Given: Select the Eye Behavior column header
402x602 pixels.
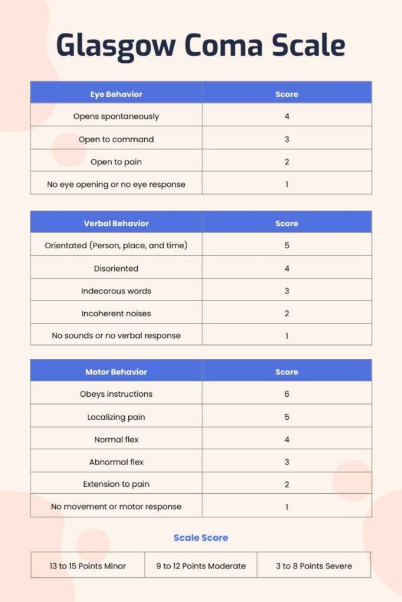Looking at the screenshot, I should tap(116, 94).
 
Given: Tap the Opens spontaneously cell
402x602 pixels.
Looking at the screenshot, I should tap(116, 116).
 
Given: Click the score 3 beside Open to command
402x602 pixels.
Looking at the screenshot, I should tap(287, 139).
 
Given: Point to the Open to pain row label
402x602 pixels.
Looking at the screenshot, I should tap(116, 162).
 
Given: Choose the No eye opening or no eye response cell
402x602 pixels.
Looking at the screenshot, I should tap(116, 184).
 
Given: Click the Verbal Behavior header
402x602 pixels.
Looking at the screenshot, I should tap(116, 223).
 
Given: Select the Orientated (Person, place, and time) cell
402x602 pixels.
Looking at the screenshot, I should tap(116, 245).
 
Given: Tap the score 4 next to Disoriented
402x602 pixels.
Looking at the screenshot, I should tap(287, 268).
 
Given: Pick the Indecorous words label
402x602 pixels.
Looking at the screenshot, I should tap(116, 291).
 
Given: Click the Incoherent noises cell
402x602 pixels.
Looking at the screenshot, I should tap(116, 313).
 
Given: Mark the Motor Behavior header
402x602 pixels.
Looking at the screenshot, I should tap(116, 372).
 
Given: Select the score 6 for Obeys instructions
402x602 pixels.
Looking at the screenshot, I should tap(287, 394).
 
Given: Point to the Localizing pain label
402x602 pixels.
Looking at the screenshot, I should tap(116, 417).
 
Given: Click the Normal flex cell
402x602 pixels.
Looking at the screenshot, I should tap(116, 439).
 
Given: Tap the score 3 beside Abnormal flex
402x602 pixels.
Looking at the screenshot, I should tap(287, 462).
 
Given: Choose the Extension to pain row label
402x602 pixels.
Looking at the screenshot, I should tap(116, 484).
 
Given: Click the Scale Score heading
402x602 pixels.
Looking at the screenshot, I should tap(201, 537).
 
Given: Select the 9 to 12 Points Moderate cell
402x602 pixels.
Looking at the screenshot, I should tap(201, 566).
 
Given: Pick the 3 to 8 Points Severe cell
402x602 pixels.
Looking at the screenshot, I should tap(314, 566).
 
